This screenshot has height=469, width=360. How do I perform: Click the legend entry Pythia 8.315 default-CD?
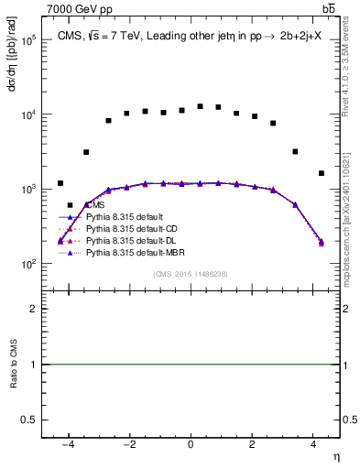pyautogui.click(x=125, y=228)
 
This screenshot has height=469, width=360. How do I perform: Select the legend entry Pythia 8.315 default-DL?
pyautogui.click(x=125, y=239)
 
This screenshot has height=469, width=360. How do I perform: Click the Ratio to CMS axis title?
pyautogui.click(x=13, y=364)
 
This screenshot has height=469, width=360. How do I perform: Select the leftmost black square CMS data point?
pyautogui.click(x=60, y=183)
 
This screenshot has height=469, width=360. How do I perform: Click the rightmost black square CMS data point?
pyautogui.click(x=322, y=173)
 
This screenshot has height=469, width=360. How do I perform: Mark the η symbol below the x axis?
pyautogui.click(x=335, y=456)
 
